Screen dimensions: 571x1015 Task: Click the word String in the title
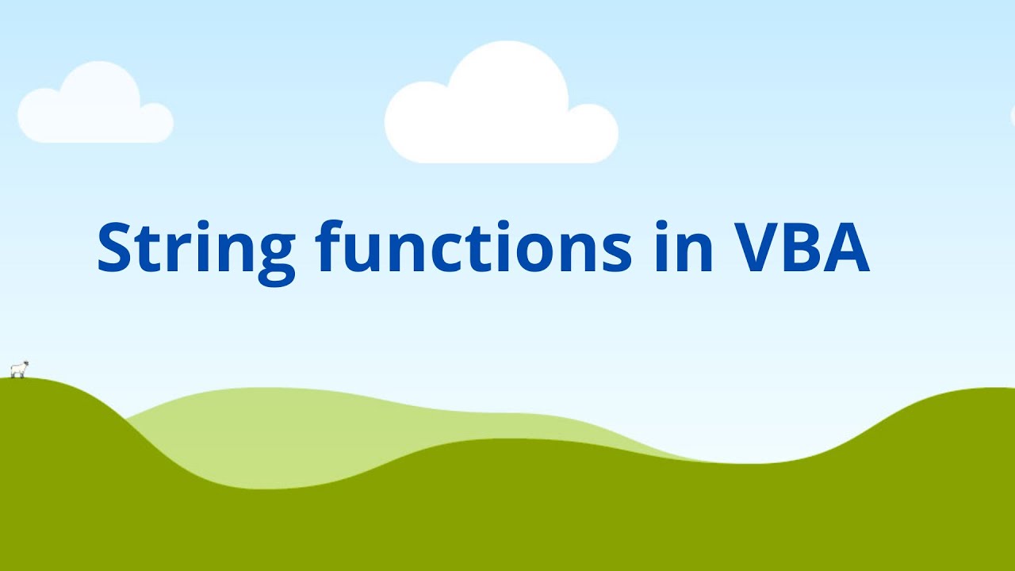(195, 247)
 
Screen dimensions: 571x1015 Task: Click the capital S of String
(117, 247)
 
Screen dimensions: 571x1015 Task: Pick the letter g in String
(273, 255)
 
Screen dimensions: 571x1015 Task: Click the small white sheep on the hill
(19, 370)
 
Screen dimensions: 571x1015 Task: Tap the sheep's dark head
(26, 365)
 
